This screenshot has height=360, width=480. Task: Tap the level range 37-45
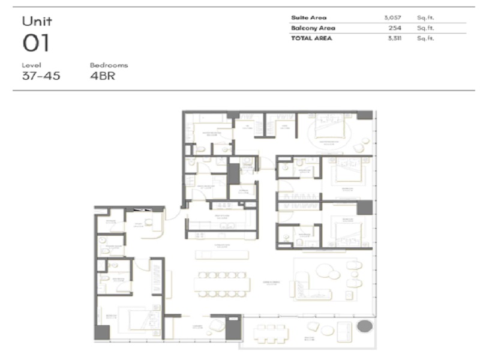[41, 76]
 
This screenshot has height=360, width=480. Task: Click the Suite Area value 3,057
[392, 17]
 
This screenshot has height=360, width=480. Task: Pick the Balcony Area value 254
[394, 28]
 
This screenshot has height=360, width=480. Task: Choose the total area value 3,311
[393, 38]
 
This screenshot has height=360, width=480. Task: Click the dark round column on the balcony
[363, 328]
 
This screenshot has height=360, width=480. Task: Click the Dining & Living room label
[271, 283]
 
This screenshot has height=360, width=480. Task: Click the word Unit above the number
[37, 22]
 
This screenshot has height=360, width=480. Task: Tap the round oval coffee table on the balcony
[327, 331]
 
